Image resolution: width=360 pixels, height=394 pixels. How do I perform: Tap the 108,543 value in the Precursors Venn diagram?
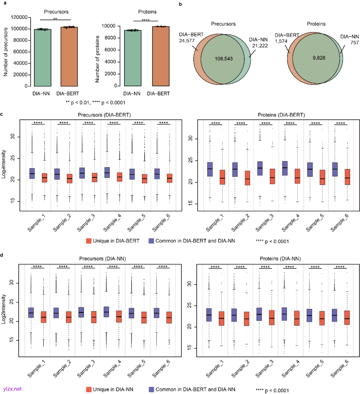tap(224, 59)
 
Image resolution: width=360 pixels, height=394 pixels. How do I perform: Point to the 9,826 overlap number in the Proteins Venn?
tap(319, 58)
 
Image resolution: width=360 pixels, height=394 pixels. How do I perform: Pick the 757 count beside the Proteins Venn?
tap(354, 42)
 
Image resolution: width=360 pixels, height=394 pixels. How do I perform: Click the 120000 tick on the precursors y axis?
tap(19, 17)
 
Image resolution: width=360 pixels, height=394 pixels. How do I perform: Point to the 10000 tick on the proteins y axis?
tap(108, 26)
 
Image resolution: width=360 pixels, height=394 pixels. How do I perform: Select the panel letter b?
tap(180, 5)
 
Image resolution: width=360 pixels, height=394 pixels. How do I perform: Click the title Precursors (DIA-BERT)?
tap(104, 115)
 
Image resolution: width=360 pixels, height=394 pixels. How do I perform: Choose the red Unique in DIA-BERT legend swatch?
tap(89, 241)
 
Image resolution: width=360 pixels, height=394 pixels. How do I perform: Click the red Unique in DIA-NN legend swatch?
tap(89, 389)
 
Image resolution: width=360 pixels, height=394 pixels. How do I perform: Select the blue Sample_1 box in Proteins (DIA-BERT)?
tap(210, 169)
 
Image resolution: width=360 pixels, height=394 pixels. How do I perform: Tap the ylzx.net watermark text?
tap(12, 389)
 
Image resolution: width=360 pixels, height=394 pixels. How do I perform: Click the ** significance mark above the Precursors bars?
tap(55, 19)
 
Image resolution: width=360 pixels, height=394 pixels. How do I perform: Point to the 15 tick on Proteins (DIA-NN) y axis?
tap(190, 348)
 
